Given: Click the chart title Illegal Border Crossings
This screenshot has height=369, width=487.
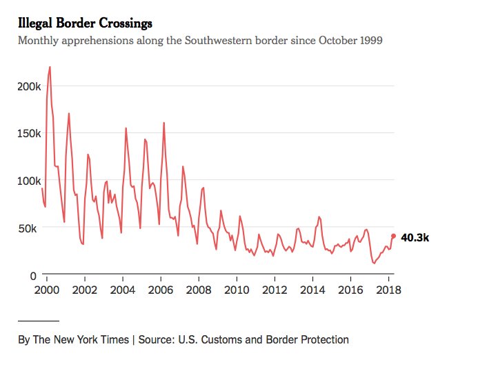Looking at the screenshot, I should (x=85, y=24).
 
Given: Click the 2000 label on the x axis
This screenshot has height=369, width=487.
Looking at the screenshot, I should (x=46, y=290).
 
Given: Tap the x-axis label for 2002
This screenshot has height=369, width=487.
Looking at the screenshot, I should (x=84, y=290).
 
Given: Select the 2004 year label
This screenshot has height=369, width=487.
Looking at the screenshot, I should (x=122, y=290).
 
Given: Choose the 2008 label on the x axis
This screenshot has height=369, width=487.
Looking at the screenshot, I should (x=199, y=290).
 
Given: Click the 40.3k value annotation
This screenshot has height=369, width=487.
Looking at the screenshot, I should (x=415, y=237).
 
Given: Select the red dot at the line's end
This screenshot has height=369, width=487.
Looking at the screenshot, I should (x=394, y=236).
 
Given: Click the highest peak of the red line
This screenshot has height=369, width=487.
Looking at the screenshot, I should (x=50, y=67).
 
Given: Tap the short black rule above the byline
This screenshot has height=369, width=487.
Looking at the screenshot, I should (x=39, y=321).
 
